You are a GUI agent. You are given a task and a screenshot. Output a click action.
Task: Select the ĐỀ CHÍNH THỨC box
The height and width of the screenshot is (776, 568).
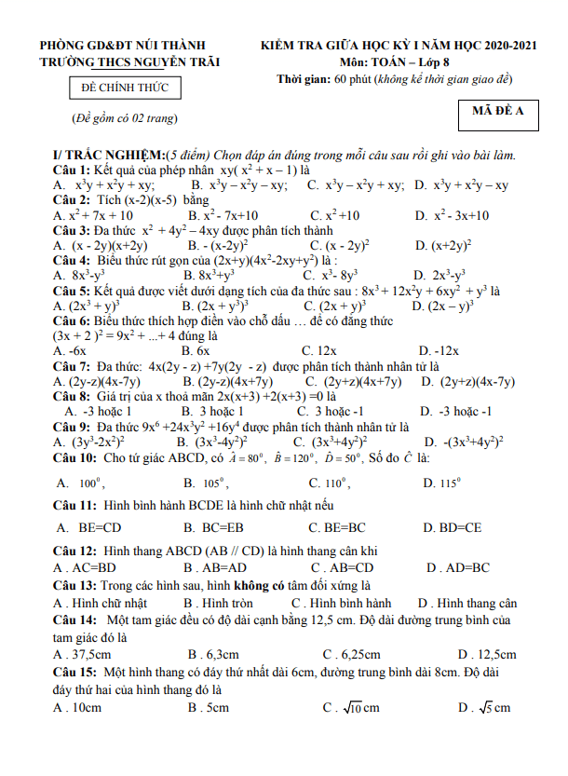pos(125,89)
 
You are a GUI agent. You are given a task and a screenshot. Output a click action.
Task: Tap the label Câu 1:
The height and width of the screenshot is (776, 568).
pos(71,170)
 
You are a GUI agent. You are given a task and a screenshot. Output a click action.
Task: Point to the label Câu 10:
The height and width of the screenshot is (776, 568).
pos(74,458)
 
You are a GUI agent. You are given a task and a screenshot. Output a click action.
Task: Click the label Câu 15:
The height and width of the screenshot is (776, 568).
pos(74,672)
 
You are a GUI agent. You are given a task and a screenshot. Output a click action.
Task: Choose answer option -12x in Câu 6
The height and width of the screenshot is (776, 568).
pos(435,351)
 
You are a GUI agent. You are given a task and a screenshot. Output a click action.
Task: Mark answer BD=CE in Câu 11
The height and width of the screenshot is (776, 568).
pos(457,528)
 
